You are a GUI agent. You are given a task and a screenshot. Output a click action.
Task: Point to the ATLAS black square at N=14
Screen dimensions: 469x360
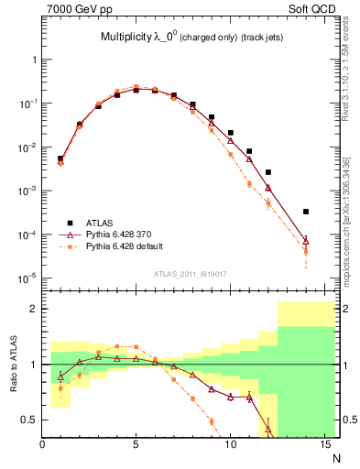(305, 212)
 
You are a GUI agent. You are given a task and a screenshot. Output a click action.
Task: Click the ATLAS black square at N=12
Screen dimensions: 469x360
(267, 172)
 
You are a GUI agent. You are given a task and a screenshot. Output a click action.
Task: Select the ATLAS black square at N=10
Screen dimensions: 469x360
(230, 133)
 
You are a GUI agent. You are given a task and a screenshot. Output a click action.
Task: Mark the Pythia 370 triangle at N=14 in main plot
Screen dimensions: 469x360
(305, 241)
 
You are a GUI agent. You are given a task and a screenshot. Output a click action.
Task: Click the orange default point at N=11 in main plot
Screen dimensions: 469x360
(249, 184)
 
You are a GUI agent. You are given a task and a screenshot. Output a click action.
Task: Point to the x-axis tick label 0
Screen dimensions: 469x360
(43, 445)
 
